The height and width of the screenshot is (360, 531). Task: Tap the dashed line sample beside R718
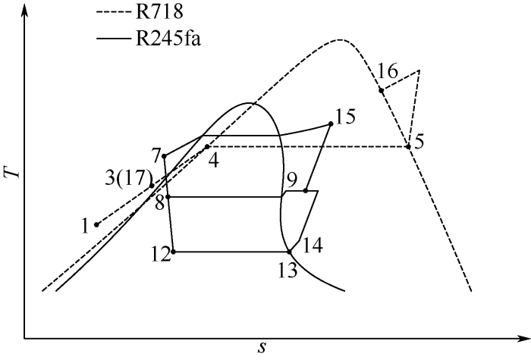118,12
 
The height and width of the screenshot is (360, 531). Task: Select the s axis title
262,348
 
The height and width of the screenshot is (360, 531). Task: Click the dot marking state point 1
96,224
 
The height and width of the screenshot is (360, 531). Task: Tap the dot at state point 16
382,90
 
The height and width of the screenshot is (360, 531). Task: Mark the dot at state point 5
408,146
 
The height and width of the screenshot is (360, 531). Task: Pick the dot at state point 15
331,124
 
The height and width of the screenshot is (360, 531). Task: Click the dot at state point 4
206,146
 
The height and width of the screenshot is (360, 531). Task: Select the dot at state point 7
164,156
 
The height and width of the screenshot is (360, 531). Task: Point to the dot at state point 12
174,252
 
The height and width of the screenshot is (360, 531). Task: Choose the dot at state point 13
289,252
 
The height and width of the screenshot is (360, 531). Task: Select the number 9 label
291,180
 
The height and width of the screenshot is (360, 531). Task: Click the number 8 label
159,202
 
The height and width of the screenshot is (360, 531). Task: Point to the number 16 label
387,71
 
